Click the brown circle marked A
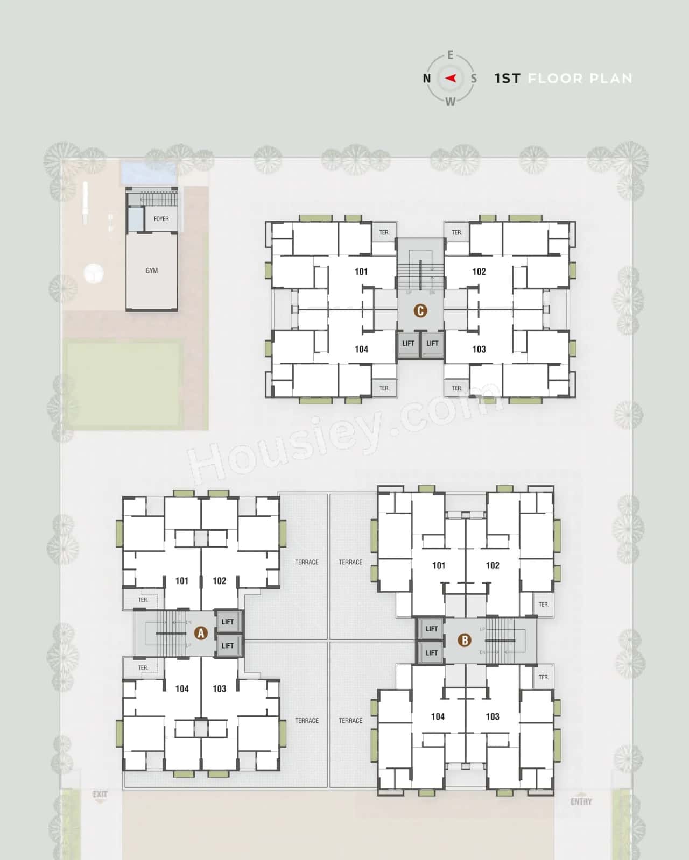coord(201,633)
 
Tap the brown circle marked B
coord(464,640)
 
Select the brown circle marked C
coord(420,311)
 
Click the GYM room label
coord(151,271)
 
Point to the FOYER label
coord(161,219)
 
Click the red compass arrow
coord(451,78)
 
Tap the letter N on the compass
coord(427,79)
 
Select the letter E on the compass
coord(450,55)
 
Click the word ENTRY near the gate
coord(581,801)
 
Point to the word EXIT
coord(100,794)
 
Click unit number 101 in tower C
coord(361,272)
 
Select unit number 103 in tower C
coord(479,349)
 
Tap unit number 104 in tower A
coord(182,688)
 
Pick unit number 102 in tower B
coord(492,565)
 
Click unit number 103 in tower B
coord(492,716)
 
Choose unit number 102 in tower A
coord(219,581)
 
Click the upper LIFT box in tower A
coord(228,622)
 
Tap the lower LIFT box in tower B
coord(431,652)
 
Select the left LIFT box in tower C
coord(408,344)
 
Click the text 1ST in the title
coord(507,79)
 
